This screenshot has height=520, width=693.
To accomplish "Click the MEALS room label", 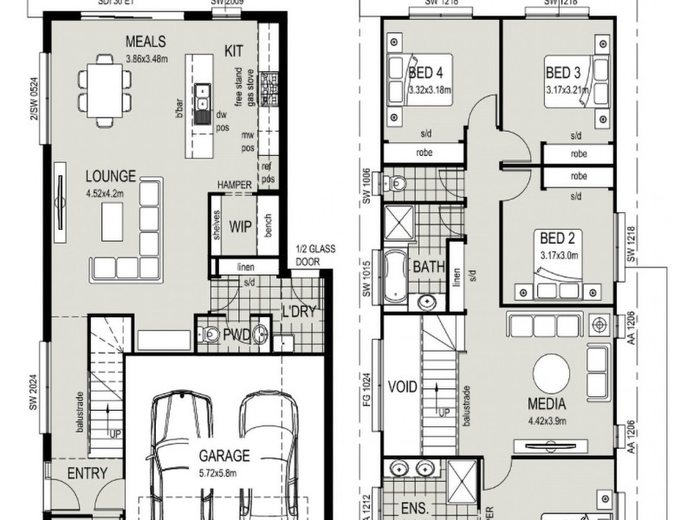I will point(146,42).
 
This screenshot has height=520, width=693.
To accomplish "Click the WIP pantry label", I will point(240,229).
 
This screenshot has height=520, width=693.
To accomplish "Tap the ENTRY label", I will point(87,473).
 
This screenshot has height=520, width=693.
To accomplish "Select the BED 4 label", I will point(426,72).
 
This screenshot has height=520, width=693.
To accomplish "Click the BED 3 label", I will point(563,72).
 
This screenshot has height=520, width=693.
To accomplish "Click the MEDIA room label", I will point(547,404).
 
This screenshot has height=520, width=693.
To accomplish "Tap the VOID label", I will point(404,387).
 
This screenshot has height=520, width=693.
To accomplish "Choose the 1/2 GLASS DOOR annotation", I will point(314,254).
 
